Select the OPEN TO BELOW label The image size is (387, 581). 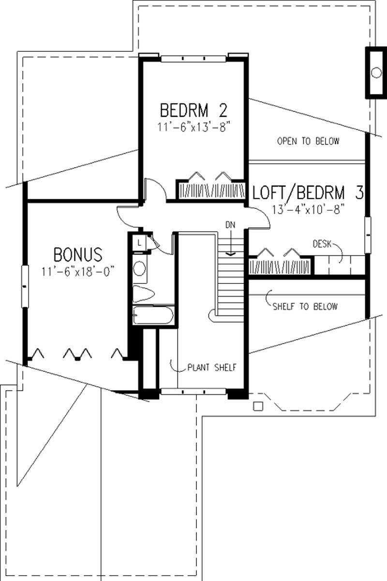pyautogui.click(x=308, y=141)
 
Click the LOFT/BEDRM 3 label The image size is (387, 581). pyautogui.click(x=308, y=193)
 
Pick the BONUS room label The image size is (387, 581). pyautogui.click(x=78, y=254)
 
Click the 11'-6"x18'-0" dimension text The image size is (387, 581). pyautogui.click(x=78, y=269)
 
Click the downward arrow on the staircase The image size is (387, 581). pyautogui.click(x=231, y=245)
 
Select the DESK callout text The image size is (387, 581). pyautogui.click(x=321, y=244)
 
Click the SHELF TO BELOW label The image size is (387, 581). pyautogui.click(x=305, y=306)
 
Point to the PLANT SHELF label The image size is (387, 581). pyautogui.click(x=212, y=367)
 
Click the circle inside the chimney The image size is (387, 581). pyautogui.click(x=376, y=73)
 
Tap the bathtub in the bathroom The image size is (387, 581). pyautogui.click(x=153, y=315)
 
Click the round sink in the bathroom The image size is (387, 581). pyautogui.click(x=140, y=268)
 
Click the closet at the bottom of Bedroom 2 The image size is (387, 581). pyautogui.click(x=210, y=188)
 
